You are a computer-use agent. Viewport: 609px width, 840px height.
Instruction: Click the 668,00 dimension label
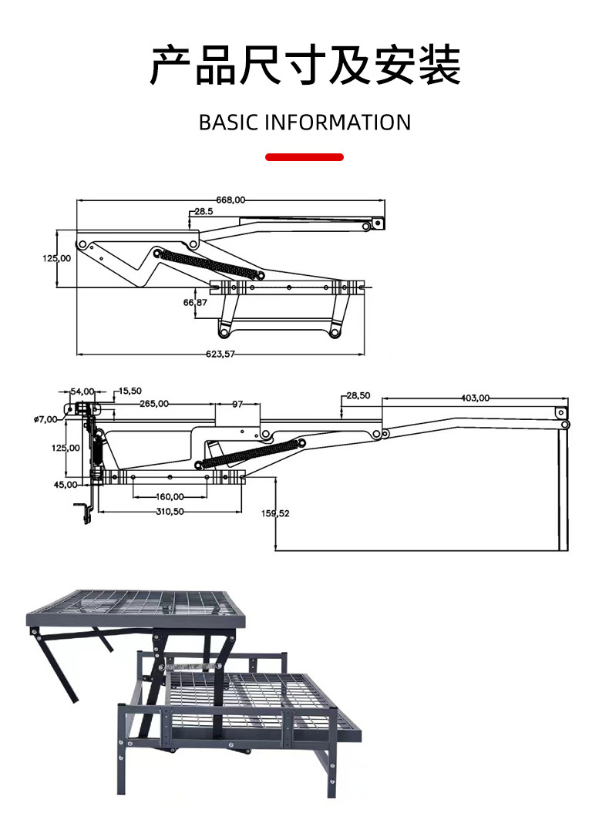tap(230, 200)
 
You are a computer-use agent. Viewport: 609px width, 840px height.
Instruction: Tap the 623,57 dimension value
tap(220, 354)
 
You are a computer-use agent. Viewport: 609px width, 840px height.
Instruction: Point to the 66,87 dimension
tap(195, 303)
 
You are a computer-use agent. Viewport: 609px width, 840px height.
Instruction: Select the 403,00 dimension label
tap(475, 398)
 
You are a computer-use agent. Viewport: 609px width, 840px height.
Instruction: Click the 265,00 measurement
tap(155, 403)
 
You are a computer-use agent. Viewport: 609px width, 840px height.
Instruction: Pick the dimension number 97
tap(237, 403)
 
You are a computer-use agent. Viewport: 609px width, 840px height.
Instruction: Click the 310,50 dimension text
tap(170, 511)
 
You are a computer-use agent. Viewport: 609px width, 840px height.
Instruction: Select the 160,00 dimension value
tap(170, 496)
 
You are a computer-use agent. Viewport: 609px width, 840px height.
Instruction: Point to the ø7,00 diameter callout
tap(46, 418)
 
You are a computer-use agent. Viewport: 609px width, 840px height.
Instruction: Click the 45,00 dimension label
tap(66, 484)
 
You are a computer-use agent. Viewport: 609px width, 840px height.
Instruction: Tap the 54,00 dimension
tap(82, 391)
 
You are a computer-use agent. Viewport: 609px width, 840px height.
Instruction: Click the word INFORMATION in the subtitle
tap(338, 123)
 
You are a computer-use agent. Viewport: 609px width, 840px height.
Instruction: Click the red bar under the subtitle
tap(304, 157)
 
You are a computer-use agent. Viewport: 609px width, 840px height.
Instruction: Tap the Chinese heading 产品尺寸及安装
tap(304, 66)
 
